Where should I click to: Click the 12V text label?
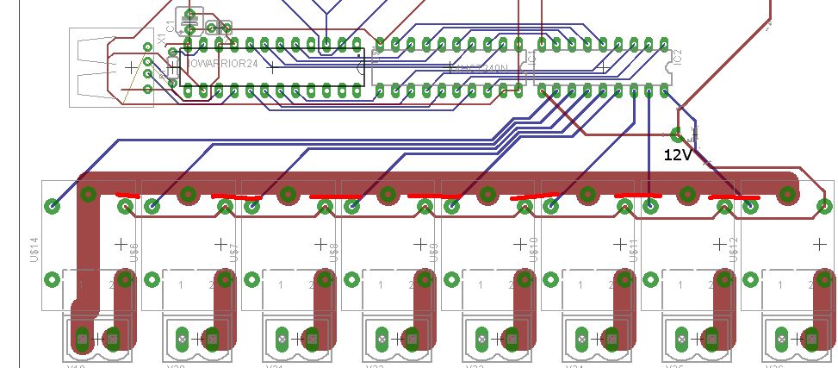coord(677,155)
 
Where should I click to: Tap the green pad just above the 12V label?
coord(677,134)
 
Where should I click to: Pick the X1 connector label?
coord(161,45)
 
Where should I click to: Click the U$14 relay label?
coord(35,250)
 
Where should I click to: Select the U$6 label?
coord(134,252)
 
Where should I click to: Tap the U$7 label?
coord(234,252)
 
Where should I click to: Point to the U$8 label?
coord(334,252)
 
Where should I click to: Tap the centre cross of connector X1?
coord(129,66)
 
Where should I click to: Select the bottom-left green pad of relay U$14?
coord(53,278)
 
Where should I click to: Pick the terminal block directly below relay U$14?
coord(96,338)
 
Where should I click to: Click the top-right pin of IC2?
coord(663,43)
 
